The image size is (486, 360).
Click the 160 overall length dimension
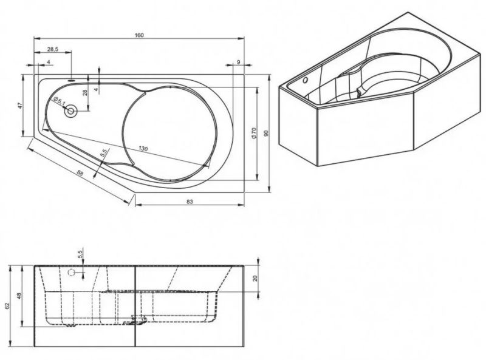point(139,35)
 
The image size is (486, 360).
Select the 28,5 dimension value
point(53,49)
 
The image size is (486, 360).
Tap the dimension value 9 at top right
point(238,62)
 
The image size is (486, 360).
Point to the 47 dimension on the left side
point(21,106)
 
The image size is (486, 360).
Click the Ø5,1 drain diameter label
point(59,101)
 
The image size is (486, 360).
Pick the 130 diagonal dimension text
point(143,149)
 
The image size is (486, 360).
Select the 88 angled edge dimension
point(80,173)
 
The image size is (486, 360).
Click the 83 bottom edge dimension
point(190,202)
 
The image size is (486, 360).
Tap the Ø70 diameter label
point(253,132)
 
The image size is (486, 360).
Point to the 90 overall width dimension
point(265,133)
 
